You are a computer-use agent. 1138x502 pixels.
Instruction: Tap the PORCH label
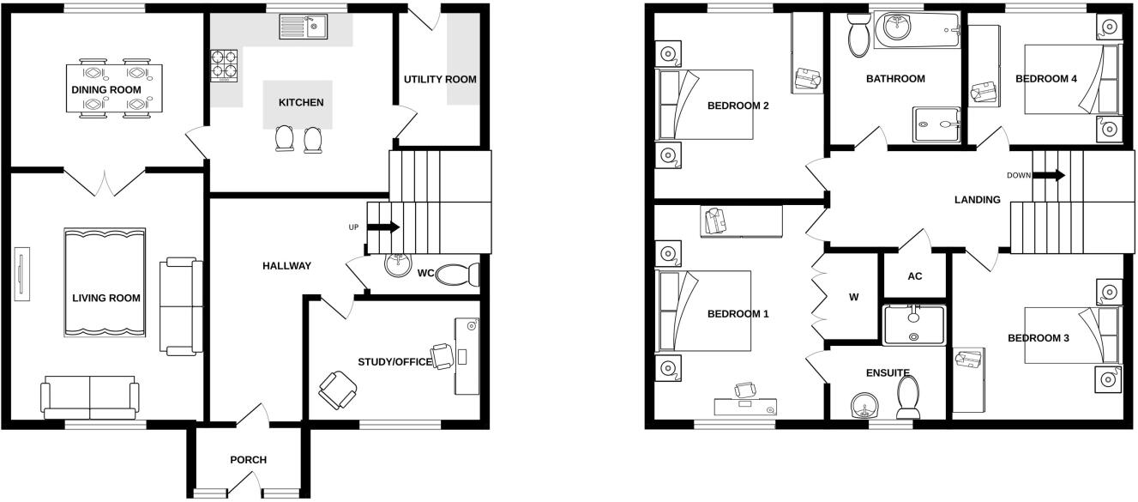click(248, 460)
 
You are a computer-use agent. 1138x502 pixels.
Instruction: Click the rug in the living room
click(104, 281)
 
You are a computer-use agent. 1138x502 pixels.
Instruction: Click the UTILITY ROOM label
click(440, 80)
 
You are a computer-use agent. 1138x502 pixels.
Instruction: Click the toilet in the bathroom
click(857, 36)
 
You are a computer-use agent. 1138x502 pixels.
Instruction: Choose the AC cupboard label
click(914, 276)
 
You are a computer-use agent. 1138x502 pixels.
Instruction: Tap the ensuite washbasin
click(861, 405)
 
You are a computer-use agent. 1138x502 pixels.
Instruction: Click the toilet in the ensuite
click(908, 396)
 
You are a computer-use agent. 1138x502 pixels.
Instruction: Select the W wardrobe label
click(853, 298)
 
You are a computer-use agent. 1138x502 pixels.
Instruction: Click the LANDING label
click(977, 200)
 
